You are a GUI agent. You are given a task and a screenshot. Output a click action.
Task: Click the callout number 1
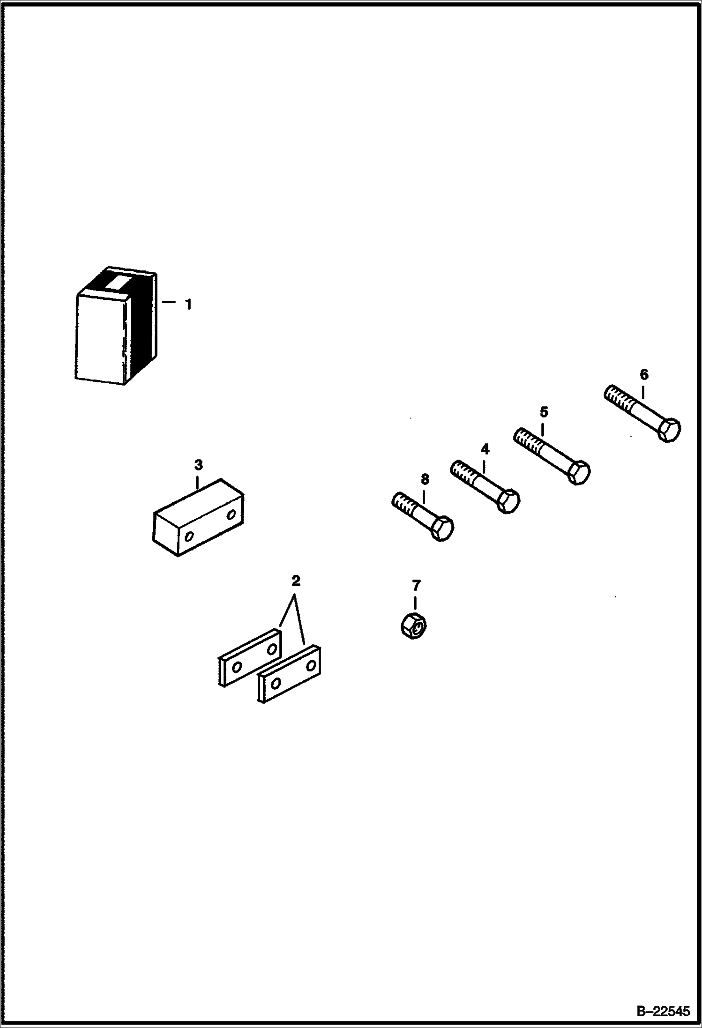coord(188,305)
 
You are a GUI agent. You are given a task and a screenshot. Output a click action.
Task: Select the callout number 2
coord(295,581)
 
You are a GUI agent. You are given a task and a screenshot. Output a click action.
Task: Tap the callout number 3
coord(198,466)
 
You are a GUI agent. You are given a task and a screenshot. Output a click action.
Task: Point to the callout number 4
coord(485,450)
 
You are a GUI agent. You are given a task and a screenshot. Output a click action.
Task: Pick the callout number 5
coord(543,412)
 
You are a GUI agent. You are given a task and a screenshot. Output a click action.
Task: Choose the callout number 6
coord(644,375)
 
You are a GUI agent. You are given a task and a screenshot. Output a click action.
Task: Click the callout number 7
coord(416,586)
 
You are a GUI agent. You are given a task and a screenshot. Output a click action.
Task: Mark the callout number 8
coord(425,479)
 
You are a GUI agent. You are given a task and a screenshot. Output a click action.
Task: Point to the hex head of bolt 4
coord(508,501)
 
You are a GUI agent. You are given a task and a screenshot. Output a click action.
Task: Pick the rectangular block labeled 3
coord(198,517)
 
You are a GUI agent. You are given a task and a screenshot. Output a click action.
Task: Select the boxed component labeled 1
coord(117,326)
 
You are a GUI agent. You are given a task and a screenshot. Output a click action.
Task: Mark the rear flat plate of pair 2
coord(250,658)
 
